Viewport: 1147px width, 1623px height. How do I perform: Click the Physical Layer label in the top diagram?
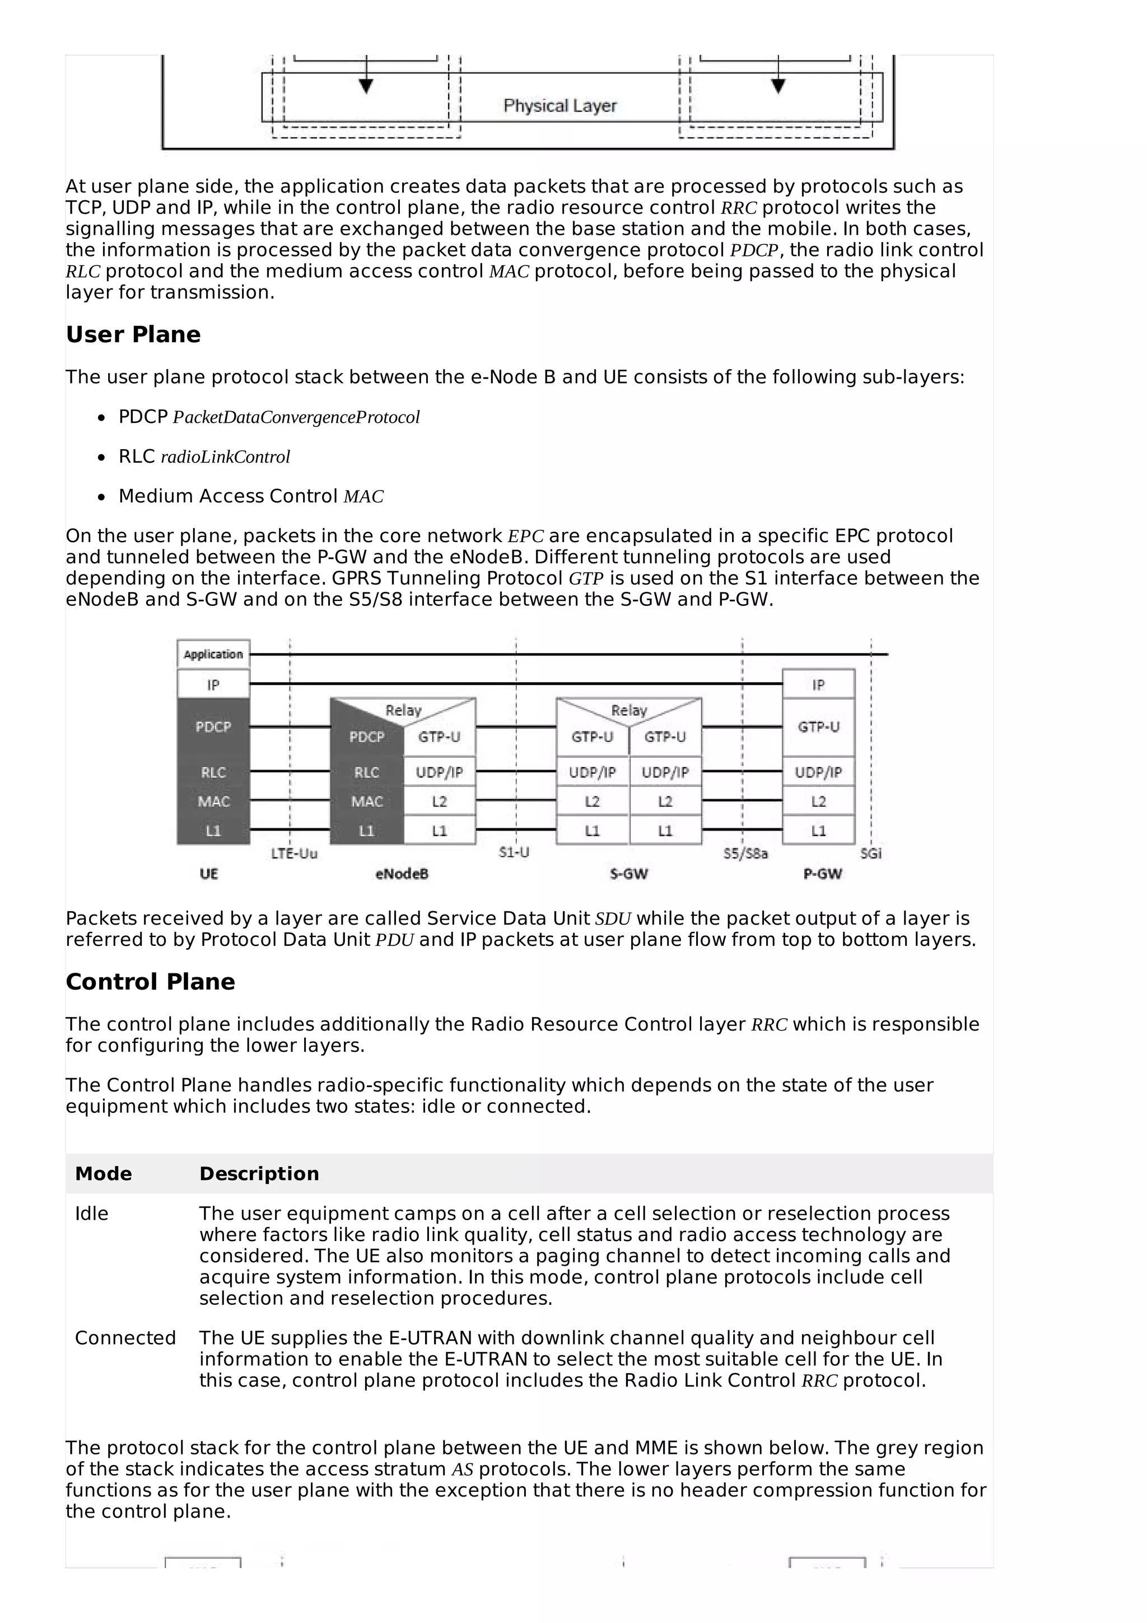pos(559,106)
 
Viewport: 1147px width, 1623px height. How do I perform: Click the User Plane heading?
pos(133,334)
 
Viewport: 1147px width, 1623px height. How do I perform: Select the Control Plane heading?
pos(150,982)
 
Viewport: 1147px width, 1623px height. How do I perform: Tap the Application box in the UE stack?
pos(213,654)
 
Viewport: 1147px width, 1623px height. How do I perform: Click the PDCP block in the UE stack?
pos(213,727)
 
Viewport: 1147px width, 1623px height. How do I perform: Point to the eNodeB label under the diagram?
pos(402,874)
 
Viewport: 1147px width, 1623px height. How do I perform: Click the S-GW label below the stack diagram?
pos(628,874)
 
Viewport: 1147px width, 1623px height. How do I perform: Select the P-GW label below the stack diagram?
pos(823,874)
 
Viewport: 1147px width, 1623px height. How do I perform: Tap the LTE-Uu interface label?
pos(294,854)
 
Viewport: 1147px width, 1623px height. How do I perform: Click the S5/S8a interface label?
pos(745,854)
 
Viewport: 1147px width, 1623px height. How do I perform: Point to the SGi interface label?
pos(871,854)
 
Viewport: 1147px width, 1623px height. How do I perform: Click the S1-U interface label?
pos(514,852)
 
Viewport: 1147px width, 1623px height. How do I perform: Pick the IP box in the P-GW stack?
pos(818,684)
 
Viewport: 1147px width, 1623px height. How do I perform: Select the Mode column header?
pos(103,1174)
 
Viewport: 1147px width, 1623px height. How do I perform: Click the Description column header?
pos(259,1174)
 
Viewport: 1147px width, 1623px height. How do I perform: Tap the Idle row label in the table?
pos(92,1214)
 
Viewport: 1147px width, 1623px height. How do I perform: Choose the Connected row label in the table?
pos(125,1338)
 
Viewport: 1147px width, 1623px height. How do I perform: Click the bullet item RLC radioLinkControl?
pos(204,456)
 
